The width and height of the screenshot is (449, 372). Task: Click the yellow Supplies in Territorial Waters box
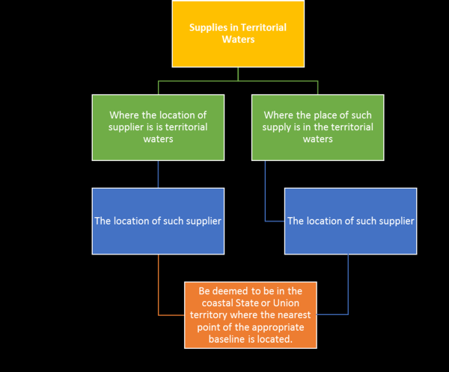click(x=237, y=34)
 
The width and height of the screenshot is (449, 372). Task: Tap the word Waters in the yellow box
click(x=238, y=40)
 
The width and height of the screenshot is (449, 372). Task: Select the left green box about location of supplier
click(x=158, y=127)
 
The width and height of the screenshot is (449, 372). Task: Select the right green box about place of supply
click(x=317, y=127)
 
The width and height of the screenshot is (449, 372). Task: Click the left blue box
click(x=158, y=221)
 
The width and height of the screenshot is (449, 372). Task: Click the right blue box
click(x=350, y=221)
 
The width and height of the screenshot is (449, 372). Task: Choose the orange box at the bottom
click(x=251, y=314)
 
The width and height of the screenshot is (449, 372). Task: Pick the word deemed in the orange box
click(x=235, y=291)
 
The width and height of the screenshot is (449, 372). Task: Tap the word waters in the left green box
click(x=158, y=139)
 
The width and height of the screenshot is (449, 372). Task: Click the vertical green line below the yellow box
click(x=237, y=73)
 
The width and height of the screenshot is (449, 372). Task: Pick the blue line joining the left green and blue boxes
click(x=158, y=174)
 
